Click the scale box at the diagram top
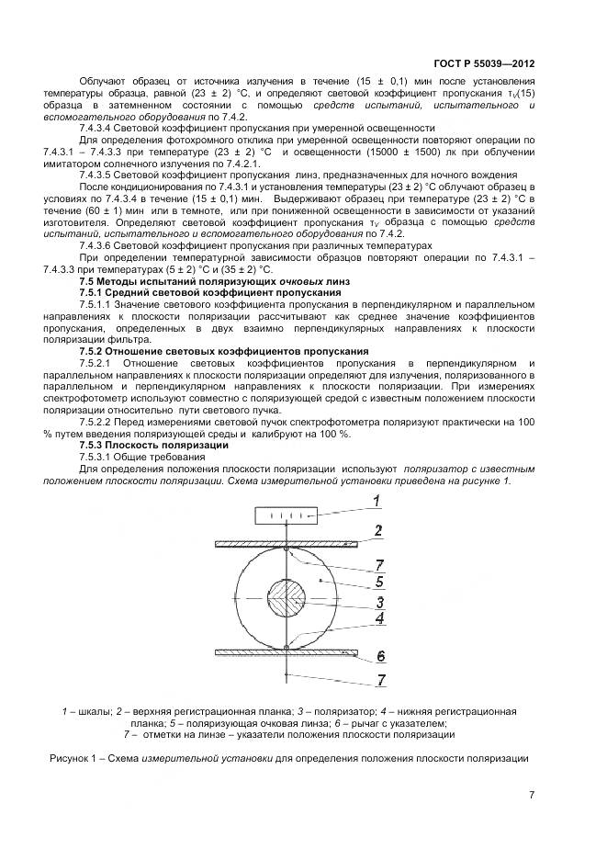287,515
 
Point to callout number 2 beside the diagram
378,530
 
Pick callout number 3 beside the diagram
378,603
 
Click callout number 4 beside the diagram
378,618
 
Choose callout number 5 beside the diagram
378,581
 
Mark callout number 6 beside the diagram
378,656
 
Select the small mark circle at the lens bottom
287,646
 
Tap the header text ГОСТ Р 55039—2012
483,64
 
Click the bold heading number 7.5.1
94,291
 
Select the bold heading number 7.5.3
94,445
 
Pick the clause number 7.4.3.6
99,245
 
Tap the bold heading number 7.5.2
94,351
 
